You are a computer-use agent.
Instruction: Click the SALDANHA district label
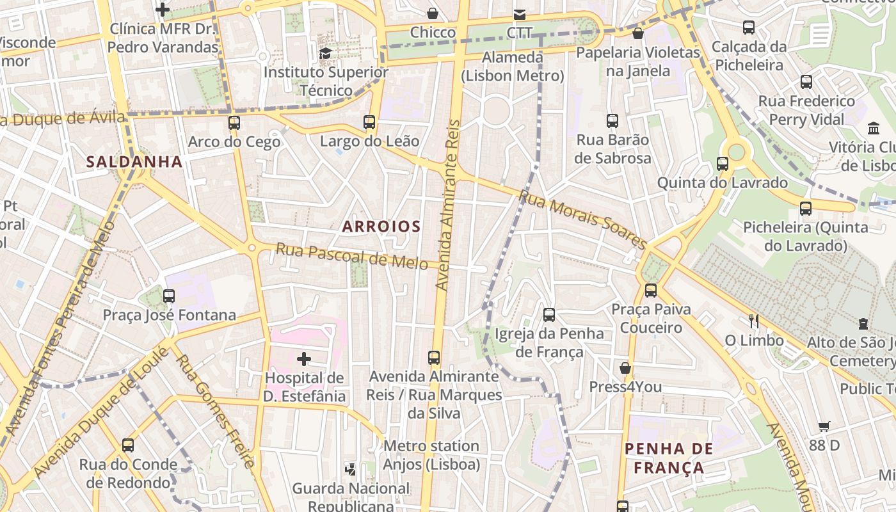click(134, 162)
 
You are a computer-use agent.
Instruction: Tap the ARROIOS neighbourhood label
click(381, 226)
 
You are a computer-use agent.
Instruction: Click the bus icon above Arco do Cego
click(234, 123)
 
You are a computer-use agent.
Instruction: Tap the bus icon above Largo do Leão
click(369, 122)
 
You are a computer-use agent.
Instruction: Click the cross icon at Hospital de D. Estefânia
click(304, 359)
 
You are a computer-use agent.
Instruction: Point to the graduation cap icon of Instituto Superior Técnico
click(326, 53)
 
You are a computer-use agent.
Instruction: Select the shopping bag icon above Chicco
click(433, 13)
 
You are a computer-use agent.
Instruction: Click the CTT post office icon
click(519, 14)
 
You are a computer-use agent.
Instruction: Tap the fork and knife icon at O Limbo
click(754, 321)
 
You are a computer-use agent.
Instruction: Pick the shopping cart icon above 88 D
click(824, 426)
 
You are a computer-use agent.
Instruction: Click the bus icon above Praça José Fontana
click(169, 296)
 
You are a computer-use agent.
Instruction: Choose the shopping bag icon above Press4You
click(625, 368)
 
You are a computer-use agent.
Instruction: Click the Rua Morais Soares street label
click(582, 219)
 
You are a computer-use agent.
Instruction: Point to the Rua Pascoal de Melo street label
click(351, 255)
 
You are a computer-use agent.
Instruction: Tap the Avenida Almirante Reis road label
click(447, 205)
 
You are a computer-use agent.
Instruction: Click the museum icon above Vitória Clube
click(874, 128)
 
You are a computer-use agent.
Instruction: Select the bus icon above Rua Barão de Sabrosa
click(612, 121)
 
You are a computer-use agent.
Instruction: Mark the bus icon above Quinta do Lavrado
click(723, 164)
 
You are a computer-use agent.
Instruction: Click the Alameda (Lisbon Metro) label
click(513, 67)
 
